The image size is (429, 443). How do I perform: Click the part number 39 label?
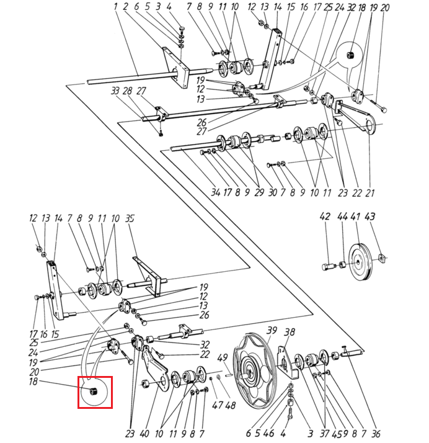(272, 330)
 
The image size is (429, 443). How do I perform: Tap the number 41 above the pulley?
(355, 217)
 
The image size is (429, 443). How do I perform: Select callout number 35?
(130, 218)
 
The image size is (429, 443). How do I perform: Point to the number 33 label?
(115, 91)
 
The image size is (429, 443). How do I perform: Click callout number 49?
(223, 357)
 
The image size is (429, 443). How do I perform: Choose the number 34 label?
(216, 192)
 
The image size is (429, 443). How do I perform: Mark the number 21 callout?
(369, 193)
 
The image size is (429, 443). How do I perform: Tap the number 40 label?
(144, 434)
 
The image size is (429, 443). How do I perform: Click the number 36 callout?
(376, 434)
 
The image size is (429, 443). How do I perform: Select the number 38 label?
(290, 332)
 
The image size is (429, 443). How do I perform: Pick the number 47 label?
(218, 405)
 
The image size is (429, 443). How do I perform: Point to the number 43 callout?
(369, 217)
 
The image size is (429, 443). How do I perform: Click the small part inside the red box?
(92, 392)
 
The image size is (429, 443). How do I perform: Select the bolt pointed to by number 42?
(328, 266)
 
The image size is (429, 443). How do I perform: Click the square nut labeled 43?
(382, 257)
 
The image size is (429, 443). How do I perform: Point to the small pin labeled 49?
(228, 375)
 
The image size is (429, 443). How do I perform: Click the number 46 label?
(268, 434)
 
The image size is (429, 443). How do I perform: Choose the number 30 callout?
(272, 193)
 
